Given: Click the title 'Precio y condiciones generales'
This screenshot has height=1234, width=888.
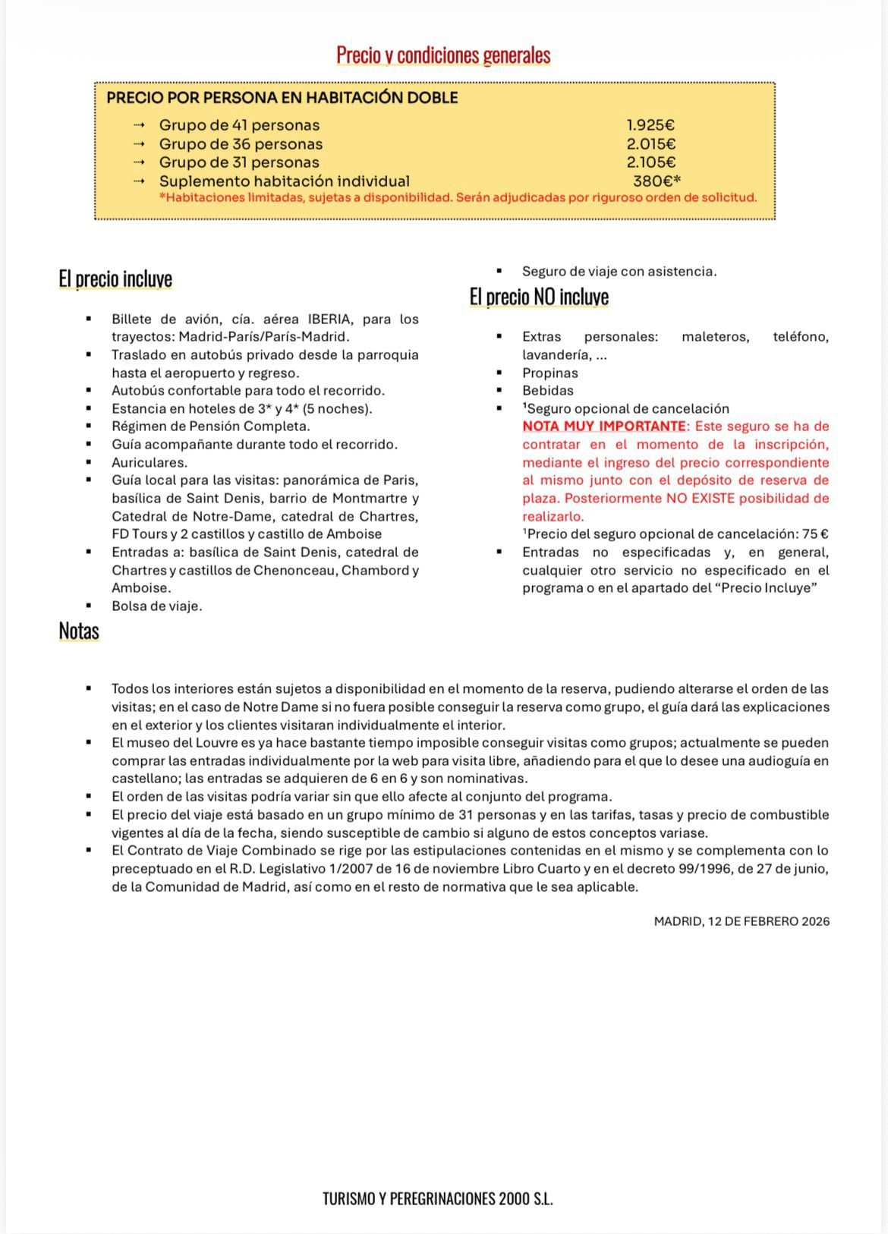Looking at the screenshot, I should (443, 55).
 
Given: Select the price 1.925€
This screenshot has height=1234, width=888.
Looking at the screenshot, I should (650, 125).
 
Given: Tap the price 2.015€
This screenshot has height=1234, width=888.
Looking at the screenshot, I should (650, 144).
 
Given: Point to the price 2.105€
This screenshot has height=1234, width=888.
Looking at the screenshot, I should (650, 162).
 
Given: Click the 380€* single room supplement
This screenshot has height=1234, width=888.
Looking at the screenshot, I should (657, 181).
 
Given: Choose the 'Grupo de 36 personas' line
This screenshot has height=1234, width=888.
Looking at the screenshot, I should (240, 144).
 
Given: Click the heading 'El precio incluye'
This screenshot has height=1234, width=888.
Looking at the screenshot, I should (115, 279).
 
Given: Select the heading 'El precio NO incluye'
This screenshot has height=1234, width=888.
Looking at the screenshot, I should (539, 297).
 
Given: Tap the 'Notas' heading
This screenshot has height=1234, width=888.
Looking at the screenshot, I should (79, 631).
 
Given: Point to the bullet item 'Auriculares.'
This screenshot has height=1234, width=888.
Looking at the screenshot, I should (150, 462).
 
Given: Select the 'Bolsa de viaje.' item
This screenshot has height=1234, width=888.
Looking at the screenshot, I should (157, 606).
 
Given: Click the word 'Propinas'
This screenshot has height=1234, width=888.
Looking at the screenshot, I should (550, 373).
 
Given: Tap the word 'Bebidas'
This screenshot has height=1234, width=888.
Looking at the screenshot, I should (548, 391).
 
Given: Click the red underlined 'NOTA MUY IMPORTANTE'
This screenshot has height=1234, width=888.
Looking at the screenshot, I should (604, 427).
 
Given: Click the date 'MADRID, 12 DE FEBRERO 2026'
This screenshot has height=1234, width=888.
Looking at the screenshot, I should (742, 921).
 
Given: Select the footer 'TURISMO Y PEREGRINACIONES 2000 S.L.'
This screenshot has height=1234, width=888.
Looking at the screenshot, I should (438, 1199).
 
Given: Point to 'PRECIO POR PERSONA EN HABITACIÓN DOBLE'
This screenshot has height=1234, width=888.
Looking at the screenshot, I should (282, 98).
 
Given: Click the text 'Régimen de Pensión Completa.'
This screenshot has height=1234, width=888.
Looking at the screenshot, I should (211, 427).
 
